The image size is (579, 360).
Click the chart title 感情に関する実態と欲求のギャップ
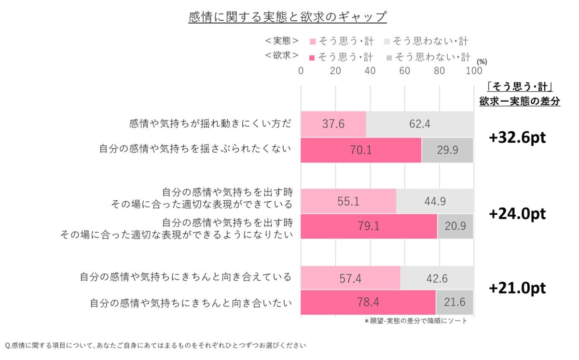(288, 17)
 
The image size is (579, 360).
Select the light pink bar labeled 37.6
(333, 124)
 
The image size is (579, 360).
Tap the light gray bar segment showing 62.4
(420, 124)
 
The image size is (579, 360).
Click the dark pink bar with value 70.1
(361, 150)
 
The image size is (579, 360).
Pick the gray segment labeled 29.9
(447, 150)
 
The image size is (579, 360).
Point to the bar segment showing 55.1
(348, 201)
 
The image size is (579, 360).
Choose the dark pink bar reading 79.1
(369, 227)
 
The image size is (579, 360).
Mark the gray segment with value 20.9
(455, 227)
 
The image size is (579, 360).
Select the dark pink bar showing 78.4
(368, 303)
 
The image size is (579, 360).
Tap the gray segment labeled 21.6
(455, 303)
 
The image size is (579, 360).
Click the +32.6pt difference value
(517, 138)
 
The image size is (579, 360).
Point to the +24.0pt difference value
(517, 214)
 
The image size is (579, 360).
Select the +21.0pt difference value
(517, 289)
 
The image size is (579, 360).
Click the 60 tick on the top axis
(404, 71)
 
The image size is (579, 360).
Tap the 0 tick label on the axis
(301, 71)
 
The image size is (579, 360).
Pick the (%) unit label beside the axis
(482, 62)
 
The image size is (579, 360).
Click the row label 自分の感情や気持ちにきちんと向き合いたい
(191, 303)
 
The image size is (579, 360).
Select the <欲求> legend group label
(281, 56)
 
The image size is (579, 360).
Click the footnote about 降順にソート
(415, 321)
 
